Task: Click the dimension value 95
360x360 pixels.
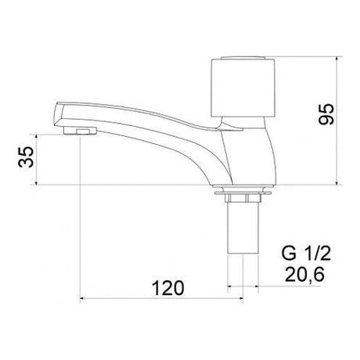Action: (x=326, y=114)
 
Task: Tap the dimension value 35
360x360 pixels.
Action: (x=26, y=157)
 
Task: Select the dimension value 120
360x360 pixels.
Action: (x=168, y=288)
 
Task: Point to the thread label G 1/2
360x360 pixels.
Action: (x=306, y=254)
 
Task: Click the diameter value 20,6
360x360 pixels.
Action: (x=304, y=275)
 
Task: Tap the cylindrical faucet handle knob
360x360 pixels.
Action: (x=243, y=88)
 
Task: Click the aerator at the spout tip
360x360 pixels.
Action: (x=80, y=131)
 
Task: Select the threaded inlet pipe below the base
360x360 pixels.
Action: (x=243, y=227)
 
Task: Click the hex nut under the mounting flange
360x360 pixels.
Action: (x=243, y=198)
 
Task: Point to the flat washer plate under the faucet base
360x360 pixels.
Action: (x=243, y=193)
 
